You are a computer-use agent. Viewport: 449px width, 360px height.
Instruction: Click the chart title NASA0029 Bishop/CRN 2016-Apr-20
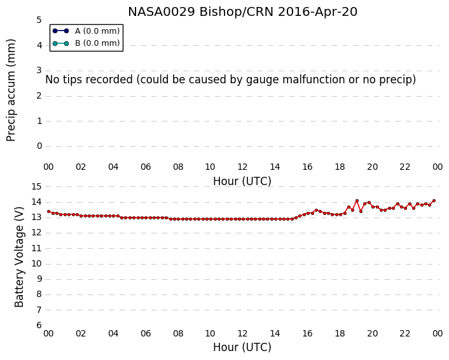(x=242, y=12)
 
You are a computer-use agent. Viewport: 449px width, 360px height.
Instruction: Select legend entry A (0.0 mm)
(x=86, y=31)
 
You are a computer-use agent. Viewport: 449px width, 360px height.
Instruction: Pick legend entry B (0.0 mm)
(x=86, y=43)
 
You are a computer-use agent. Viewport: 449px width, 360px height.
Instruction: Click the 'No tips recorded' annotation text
(x=230, y=80)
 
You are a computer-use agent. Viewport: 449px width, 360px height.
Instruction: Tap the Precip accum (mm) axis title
(x=11, y=90)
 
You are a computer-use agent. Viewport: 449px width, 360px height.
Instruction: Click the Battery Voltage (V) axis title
(x=19, y=257)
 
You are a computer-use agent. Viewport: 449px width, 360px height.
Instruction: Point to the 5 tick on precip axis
(x=39, y=20)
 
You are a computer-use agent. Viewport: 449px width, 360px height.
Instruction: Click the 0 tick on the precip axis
(x=39, y=146)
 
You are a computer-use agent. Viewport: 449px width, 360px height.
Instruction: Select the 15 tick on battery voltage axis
(x=36, y=187)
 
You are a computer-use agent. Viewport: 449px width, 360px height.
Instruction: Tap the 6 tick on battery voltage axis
(x=39, y=326)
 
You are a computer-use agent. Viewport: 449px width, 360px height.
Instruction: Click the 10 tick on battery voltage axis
(x=36, y=264)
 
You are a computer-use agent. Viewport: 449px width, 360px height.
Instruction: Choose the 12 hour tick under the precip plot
(x=242, y=167)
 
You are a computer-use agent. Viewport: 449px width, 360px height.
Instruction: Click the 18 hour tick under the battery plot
(x=340, y=334)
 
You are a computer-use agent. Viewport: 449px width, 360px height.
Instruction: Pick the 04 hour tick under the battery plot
(x=113, y=334)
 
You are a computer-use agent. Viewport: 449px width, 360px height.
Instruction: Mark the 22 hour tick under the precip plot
(x=404, y=167)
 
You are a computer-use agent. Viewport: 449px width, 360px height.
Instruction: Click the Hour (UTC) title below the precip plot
(x=242, y=181)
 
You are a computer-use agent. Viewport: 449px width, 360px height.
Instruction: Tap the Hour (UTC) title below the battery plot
(x=242, y=347)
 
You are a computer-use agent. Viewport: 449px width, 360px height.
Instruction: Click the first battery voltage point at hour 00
(x=49, y=212)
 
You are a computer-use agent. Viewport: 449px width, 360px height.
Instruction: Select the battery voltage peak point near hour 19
(x=357, y=201)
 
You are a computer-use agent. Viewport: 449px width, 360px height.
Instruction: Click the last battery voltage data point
(x=434, y=201)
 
